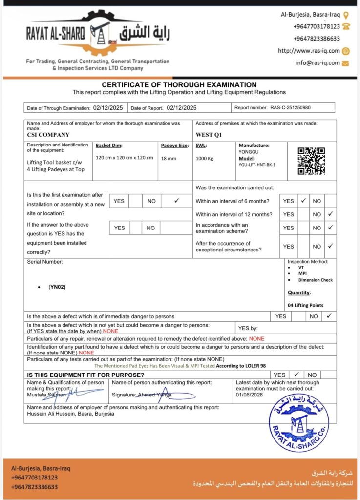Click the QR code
pos(311,161)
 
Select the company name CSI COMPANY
pos(48,135)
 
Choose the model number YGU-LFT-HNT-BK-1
pos(257,165)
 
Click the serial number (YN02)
pos(57,287)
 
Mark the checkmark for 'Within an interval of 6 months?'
pos(303,200)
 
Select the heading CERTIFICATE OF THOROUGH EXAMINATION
pos(179,85)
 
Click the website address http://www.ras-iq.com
pos(308,51)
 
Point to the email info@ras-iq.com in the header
pos(318,63)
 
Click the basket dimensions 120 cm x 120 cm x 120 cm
pos(125,158)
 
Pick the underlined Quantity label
pos(299,292)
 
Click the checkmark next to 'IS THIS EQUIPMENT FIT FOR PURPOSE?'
pos(296,375)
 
